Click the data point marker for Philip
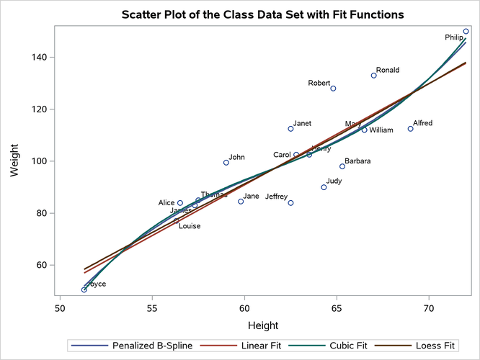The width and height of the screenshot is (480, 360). point(466,32)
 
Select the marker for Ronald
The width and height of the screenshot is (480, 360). point(373,76)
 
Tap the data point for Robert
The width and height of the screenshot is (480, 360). point(333,89)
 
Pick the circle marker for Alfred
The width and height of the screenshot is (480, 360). point(410,129)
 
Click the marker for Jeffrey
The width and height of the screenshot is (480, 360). point(290,203)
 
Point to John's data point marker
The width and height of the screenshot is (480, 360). point(226,163)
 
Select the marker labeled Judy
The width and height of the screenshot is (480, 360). point(324,187)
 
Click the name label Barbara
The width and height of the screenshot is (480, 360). point(357,161)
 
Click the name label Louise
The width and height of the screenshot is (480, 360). point(190,226)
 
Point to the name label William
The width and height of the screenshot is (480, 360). point(381,130)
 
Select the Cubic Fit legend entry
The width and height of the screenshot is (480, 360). point(328,346)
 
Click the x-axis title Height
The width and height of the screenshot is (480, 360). point(263,325)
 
